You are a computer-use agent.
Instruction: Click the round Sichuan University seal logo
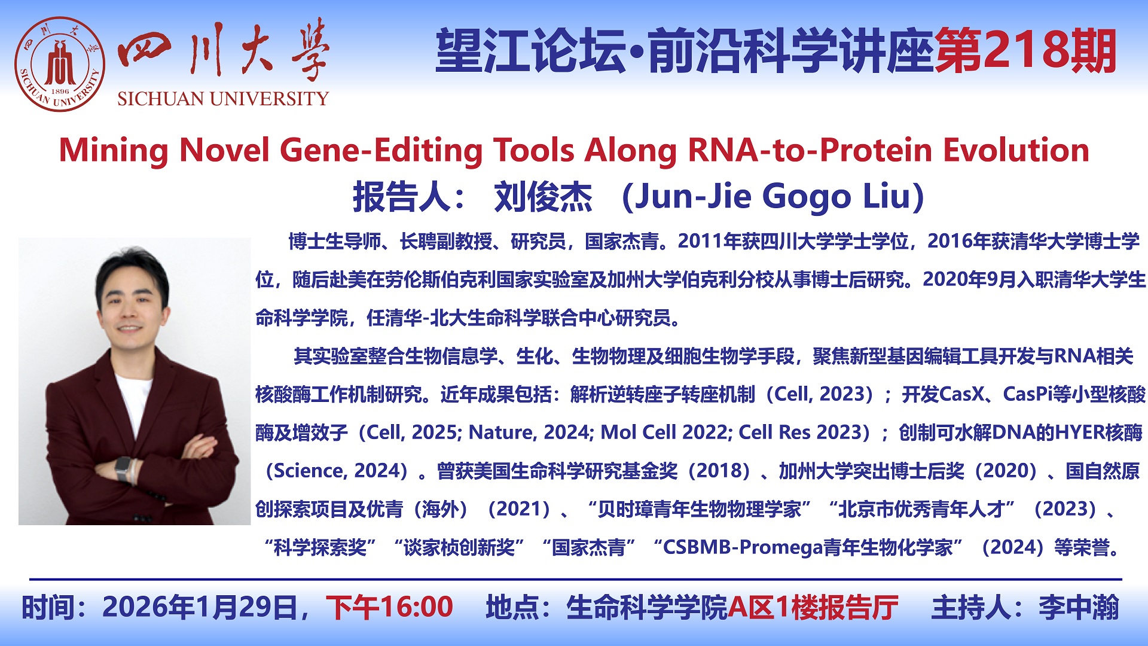pyautogui.click(x=60, y=65)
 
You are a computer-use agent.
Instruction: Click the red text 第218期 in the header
pyautogui.click(x=1025, y=51)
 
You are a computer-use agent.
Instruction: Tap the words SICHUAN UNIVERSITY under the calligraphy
pyautogui.click(x=223, y=99)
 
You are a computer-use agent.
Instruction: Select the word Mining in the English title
pyautogui.click(x=114, y=151)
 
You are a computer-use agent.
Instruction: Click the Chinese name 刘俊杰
pyautogui.click(x=543, y=197)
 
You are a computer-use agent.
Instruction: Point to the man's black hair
pyautogui.click(x=133, y=272)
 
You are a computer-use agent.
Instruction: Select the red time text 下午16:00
pyautogui.click(x=389, y=607)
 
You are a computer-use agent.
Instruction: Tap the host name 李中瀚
pyautogui.click(x=1079, y=607)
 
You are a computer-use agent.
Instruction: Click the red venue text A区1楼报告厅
pyautogui.click(x=813, y=607)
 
